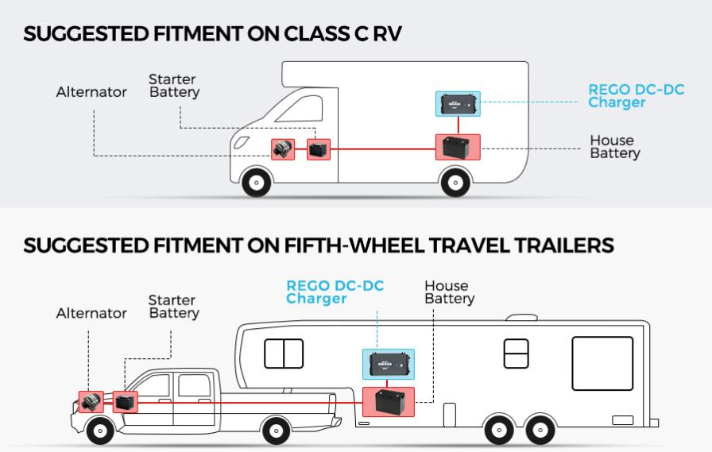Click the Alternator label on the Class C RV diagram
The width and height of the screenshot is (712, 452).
point(91,92)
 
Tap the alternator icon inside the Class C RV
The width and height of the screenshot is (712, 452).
point(283,149)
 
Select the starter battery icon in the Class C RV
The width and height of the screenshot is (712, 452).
point(319,149)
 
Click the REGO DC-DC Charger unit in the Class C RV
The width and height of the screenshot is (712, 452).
point(458,103)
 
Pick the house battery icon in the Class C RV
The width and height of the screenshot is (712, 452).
point(458,148)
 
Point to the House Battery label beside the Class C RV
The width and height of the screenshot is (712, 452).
point(614,147)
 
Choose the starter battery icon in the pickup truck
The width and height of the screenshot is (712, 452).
point(125,403)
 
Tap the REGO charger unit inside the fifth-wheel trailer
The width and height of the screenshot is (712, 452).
point(389,365)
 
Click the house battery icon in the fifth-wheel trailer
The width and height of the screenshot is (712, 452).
point(389,402)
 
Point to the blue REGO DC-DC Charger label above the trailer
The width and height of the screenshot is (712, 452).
point(335,292)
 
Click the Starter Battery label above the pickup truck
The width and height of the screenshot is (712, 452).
point(173,307)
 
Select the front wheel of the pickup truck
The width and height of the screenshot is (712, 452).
point(100,431)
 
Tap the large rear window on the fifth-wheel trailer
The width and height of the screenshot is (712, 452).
point(602,363)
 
